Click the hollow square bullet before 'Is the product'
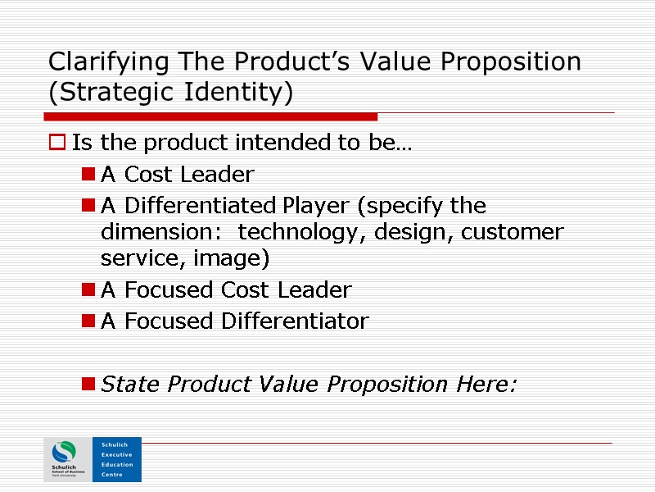tap(57, 143)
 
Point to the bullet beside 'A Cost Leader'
tap(88, 175)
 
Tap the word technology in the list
tap(302, 232)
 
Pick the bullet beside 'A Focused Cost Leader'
tap(88, 291)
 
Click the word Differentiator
tap(296, 321)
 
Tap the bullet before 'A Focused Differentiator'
tap(88, 322)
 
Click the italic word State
tap(131, 384)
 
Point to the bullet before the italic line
tap(88, 385)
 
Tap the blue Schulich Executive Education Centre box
tap(116, 459)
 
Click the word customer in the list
tap(513, 232)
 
